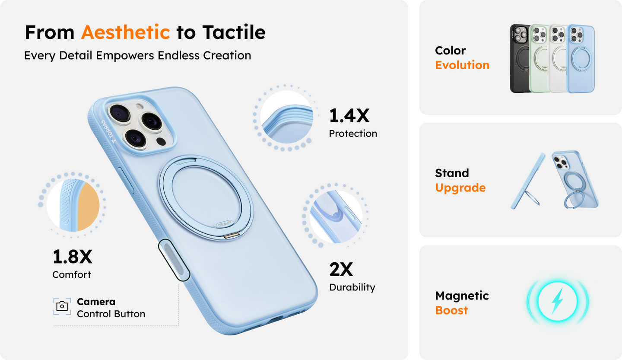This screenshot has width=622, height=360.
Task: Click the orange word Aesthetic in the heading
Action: (126, 32)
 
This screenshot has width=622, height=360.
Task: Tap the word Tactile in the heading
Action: (234, 32)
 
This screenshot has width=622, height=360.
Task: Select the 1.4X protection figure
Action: (349, 116)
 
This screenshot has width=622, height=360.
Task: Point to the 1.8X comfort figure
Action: (73, 257)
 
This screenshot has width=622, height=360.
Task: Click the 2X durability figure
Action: (341, 269)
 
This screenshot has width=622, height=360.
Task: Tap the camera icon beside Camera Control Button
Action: (62, 306)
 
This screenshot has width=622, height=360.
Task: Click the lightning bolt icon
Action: (557, 301)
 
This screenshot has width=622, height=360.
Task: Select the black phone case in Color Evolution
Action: (519, 58)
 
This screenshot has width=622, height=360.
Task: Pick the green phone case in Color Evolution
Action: (539, 58)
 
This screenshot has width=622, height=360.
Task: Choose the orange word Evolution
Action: (462, 65)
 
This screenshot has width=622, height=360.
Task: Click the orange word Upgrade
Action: (460, 188)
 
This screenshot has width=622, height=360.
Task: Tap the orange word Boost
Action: (451, 310)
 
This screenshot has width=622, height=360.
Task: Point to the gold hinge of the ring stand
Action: (232, 236)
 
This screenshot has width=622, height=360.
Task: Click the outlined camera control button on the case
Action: (174, 260)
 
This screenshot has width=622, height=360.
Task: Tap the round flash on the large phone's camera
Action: (140, 106)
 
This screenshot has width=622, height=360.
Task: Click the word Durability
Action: (352, 287)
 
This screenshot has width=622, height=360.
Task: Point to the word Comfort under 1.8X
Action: (72, 275)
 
